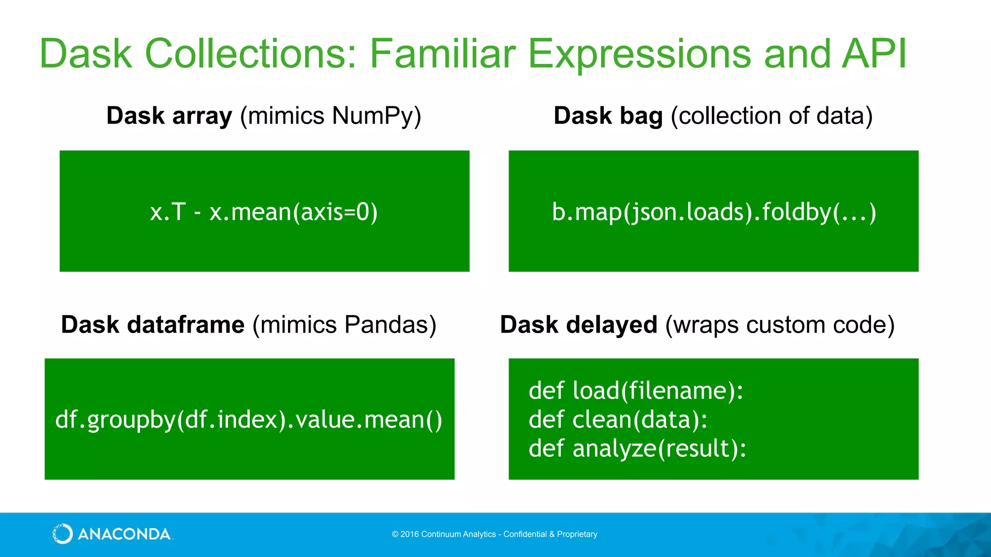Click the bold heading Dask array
pos(169,117)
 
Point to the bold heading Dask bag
pos(608,117)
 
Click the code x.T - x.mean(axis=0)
pos(264,212)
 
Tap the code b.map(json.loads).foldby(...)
pos(714,212)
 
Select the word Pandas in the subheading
pos(387,324)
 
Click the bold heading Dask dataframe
pos(152,324)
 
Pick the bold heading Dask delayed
pos(578,324)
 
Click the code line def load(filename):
pos(635,391)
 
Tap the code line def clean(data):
pos(617,419)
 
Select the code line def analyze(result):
pos(637,448)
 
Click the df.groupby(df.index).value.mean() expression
pos(249,419)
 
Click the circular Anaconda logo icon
pos(62,534)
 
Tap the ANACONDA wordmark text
pos(124,534)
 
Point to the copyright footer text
pos(495,534)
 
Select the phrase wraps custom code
pos(780,324)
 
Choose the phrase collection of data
pos(771,117)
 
